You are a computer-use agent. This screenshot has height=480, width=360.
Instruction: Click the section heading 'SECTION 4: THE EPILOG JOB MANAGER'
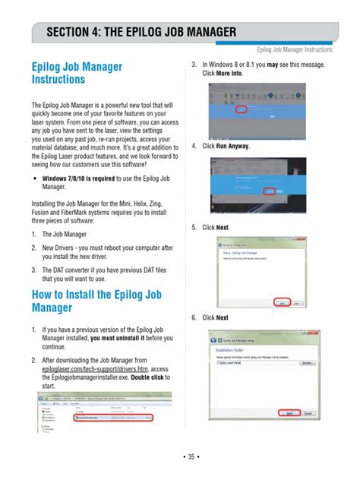click(x=141, y=33)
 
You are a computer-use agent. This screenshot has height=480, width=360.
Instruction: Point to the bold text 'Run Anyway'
click(x=232, y=146)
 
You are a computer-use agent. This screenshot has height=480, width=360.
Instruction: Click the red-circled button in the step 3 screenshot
click(x=241, y=109)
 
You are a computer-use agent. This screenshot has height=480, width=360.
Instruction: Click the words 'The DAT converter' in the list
click(x=73, y=270)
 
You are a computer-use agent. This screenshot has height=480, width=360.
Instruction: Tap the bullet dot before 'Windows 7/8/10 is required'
click(x=35, y=178)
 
